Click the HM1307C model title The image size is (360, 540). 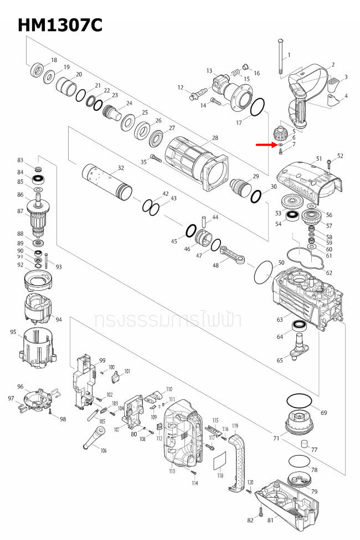[x=60, y=25]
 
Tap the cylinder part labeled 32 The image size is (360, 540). [x=107, y=183]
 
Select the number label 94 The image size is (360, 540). [x=59, y=320]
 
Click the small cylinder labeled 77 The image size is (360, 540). [x=304, y=444]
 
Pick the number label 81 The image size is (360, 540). [x=270, y=520]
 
